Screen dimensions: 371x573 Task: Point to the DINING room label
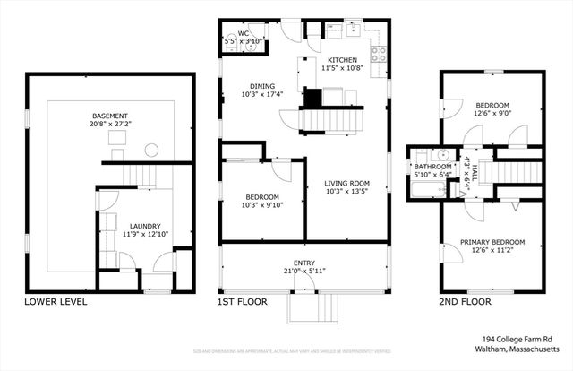(x=261, y=86)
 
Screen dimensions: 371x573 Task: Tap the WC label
(x=243, y=33)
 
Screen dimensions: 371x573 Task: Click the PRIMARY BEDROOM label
(x=492, y=243)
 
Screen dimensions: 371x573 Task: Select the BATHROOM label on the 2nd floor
(x=431, y=167)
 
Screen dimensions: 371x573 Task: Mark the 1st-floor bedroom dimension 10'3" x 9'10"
(x=261, y=205)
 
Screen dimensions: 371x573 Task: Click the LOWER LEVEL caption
(x=56, y=302)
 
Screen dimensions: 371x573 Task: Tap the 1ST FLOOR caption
(x=243, y=302)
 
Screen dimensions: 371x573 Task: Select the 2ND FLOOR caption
(x=466, y=302)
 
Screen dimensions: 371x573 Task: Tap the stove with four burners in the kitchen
(x=379, y=51)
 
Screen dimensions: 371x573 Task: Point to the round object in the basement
(x=151, y=150)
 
